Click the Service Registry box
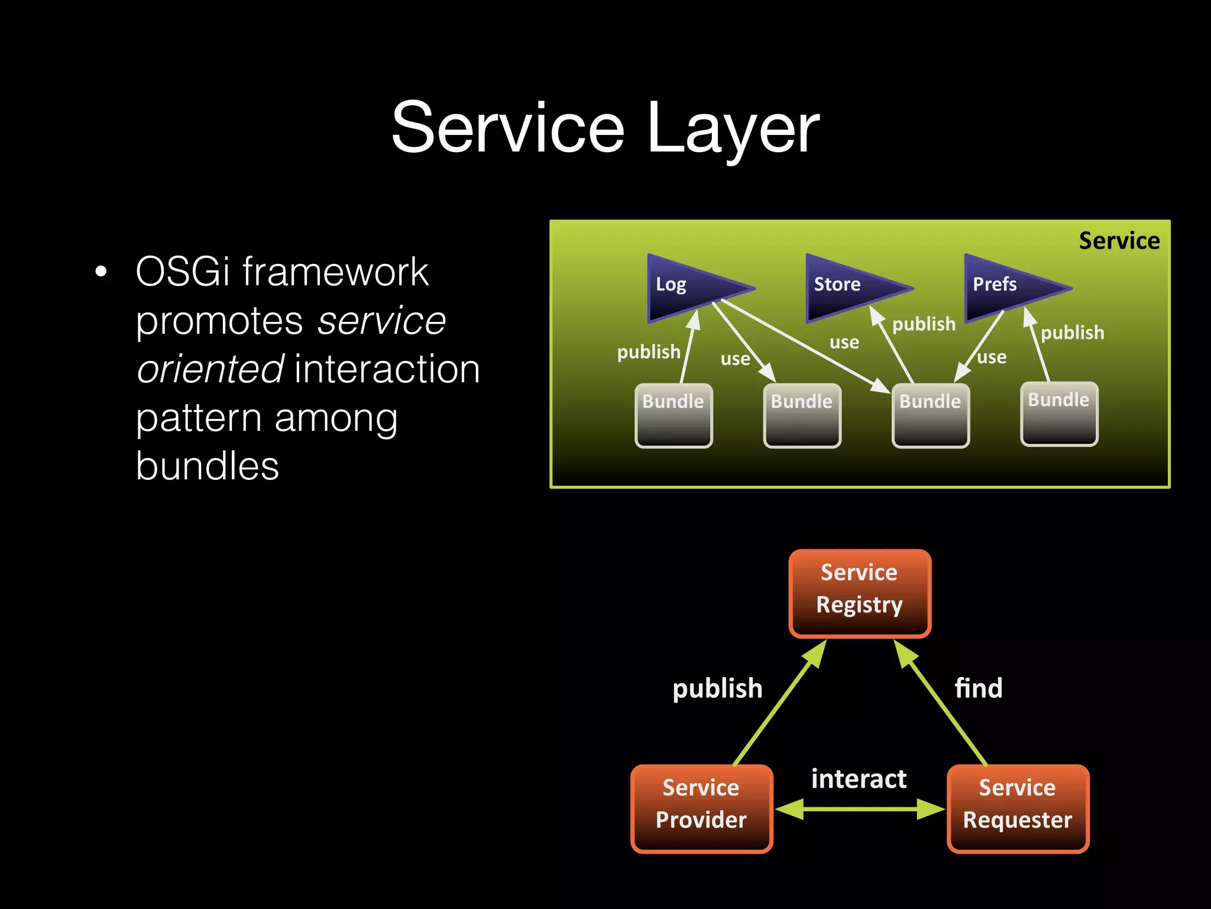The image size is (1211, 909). [x=860, y=593]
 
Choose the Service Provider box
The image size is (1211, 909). [x=701, y=808]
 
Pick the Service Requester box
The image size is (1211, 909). [x=1018, y=808]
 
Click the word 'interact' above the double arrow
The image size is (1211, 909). [x=859, y=779]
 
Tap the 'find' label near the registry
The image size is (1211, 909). [x=979, y=688]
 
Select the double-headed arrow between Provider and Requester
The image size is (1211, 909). [x=860, y=809]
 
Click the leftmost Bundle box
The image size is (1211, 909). [x=674, y=415]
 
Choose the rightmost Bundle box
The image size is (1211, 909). [x=1059, y=414]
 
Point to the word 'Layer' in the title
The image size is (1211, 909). [x=733, y=128]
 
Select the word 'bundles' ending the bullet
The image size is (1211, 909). [x=207, y=466]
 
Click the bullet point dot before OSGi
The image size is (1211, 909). [x=101, y=272]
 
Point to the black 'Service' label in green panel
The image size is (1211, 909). [x=1119, y=241]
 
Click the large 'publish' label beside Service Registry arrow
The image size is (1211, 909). [x=717, y=689]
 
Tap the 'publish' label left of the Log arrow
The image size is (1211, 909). [x=649, y=352]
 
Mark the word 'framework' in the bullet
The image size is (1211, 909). [x=335, y=272]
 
